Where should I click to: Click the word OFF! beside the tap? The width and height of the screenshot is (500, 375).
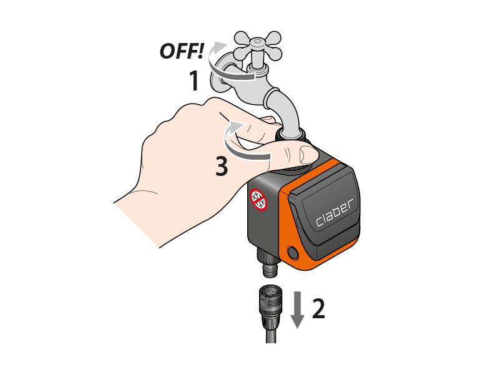click(x=182, y=51)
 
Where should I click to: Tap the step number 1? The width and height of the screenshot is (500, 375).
click(x=194, y=80)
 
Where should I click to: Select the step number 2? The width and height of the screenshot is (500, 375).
click(x=318, y=308)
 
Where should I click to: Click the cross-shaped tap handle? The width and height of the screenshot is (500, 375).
click(x=258, y=46)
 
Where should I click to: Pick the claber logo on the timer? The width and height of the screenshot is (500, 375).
click(x=335, y=213)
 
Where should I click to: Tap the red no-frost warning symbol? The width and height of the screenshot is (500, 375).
click(x=258, y=200)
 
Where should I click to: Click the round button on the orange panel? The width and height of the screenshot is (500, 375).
click(x=293, y=253)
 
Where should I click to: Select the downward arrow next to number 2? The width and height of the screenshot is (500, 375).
click(x=298, y=309)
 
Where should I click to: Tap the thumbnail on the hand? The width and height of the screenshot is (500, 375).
click(x=307, y=153)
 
